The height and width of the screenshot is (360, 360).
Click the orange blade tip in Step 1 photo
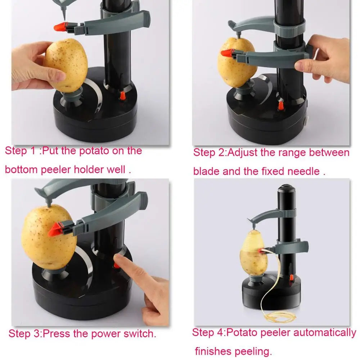tap(60, 27)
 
